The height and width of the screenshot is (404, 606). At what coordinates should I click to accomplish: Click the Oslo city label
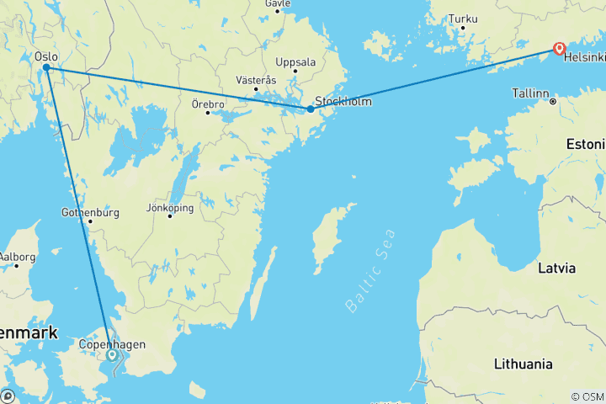(46, 56)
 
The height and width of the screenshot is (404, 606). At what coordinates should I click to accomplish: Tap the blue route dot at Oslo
(47, 68)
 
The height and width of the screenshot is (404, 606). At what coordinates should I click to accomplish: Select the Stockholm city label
(343, 101)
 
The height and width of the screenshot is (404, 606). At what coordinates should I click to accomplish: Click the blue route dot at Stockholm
(311, 109)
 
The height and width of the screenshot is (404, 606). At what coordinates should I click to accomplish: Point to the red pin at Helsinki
(558, 49)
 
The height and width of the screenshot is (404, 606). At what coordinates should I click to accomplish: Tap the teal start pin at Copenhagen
(112, 355)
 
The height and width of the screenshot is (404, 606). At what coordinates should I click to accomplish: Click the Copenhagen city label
(112, 344)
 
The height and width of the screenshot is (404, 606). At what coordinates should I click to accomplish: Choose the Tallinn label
(532, 94)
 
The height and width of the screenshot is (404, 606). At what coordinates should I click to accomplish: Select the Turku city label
(463, 19)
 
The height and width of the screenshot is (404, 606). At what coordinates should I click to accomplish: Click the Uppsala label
(295, 61)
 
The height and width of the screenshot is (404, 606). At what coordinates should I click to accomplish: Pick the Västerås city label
(256, 79)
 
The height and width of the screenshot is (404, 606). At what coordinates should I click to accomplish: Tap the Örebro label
(207, 104)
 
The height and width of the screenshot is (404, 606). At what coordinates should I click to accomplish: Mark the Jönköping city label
(169, 207)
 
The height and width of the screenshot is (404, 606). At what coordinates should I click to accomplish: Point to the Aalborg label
(17, 256)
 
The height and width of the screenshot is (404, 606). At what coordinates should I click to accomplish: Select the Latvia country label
(557, 268)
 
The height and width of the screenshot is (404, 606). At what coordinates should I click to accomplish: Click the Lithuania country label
(524, 364)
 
